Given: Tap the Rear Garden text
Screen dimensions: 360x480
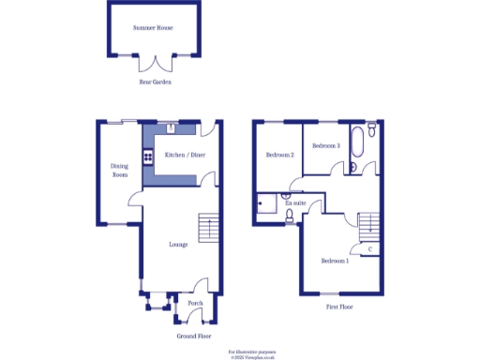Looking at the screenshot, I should click(155, 82).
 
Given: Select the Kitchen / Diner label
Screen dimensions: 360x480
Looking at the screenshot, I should click(185, 155).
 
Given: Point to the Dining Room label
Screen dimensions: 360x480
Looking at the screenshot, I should click(119, 171).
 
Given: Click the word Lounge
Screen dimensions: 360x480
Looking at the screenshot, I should click(178, 245).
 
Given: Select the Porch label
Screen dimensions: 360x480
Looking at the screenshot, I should click(195, 303).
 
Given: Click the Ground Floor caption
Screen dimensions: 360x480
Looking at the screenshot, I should click(193, 335).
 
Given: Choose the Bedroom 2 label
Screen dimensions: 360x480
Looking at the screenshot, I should click(279, 155).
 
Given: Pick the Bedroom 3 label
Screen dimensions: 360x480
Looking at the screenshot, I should click(325, 145).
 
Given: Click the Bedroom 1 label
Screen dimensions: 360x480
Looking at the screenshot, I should click(335, 261).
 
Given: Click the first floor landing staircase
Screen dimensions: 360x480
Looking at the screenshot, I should click(368, 223).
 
